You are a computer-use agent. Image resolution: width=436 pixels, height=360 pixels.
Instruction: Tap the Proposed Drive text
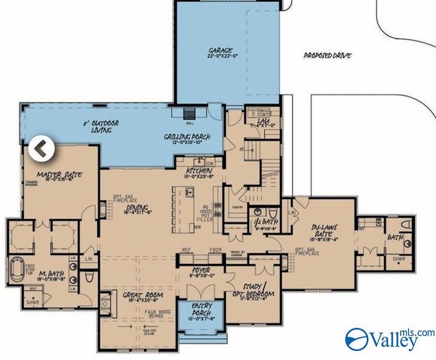tap(326, 55)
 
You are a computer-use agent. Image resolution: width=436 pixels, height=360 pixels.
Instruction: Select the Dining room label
tap(137, 210)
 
